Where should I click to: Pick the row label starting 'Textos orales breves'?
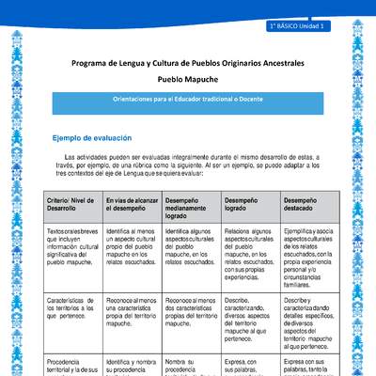(72, 246)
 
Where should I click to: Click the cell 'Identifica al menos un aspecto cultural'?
(132, 246)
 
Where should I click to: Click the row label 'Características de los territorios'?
(72, 305)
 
